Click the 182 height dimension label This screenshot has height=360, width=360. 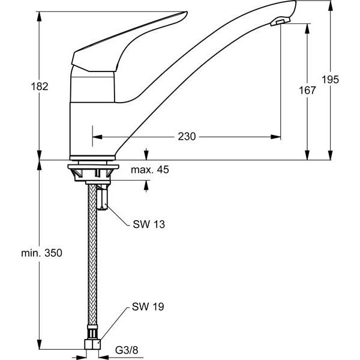(40, 86)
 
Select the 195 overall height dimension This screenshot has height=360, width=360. (330, 80)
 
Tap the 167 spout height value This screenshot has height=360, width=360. (307, 90)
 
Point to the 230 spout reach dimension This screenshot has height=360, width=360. (187, 137)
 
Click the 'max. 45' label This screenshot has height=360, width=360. (149, 170)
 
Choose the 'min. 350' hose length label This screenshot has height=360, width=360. (41, 253)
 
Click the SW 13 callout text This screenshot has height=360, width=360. (149, 224)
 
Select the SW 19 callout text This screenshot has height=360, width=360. (148, 307)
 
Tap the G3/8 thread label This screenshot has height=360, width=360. (127, 350)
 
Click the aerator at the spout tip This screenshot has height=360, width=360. (280, 22)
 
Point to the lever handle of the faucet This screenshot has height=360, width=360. (129, 41)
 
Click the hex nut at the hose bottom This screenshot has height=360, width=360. (93, 344)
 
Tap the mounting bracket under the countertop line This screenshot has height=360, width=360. (93, 173)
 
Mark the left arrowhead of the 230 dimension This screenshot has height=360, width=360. (97, 137)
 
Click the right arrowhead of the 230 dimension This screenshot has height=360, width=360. (276, 137)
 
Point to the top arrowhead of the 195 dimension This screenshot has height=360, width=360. (330, 5)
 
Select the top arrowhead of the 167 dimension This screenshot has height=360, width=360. (307, 29)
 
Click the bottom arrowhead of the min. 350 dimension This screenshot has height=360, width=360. (40, 344)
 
